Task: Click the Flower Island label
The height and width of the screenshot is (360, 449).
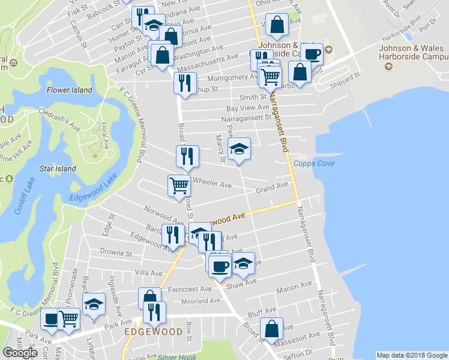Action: click(70, 90)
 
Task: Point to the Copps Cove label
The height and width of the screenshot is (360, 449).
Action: click(314, 164)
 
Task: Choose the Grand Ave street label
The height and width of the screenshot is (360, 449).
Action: click(272, 189)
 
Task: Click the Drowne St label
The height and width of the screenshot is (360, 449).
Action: click(116, 253)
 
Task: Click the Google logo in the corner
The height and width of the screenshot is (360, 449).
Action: click(20, 352)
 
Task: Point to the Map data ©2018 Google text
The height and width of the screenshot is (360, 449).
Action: click(411, 355)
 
